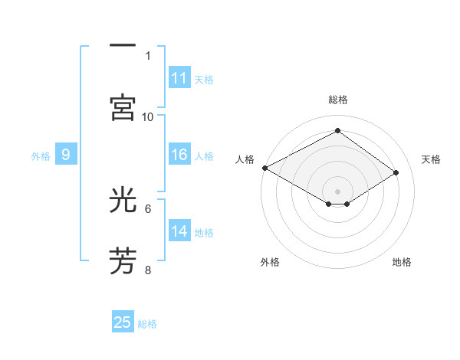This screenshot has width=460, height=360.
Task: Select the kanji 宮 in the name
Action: (x=123, y=107)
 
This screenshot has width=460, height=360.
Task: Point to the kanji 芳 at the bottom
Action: (x=123, y=260)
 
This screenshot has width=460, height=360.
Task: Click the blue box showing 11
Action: (x=179, y=78)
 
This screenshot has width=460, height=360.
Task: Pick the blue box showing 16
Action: (x=179, y=155)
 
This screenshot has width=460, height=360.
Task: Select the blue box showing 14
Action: (x=179, y=232)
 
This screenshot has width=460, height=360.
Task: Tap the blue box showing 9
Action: (x=66, y=155)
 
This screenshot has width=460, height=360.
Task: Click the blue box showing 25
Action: (x=123, y=322)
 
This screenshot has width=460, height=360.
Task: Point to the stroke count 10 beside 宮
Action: (x=148, y=116)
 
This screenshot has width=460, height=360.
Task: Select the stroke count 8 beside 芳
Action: (x=148, y=270)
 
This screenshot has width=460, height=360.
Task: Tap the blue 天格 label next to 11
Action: (x=204, y=79)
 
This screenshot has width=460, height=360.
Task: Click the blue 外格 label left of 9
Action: (x=41, y=156)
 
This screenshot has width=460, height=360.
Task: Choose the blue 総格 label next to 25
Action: (x=147, y=323)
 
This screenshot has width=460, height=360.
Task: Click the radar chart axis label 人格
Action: (x=245, y=159)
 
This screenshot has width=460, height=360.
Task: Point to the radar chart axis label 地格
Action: (x=402, y=262)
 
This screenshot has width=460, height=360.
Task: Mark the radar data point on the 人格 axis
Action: (x=264, y=168)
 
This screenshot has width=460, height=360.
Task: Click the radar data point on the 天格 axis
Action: (x=396, y=173)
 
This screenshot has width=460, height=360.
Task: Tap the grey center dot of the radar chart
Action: (x=337, y=191)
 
